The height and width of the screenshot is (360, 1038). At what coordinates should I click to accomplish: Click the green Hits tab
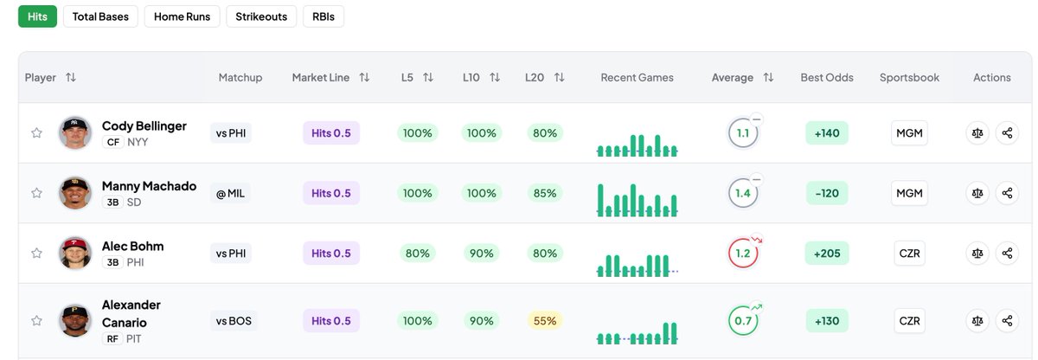pos(37,16)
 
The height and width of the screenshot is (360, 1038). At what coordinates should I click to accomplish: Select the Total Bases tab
pos(100,16)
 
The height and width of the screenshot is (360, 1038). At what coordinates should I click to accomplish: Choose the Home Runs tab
pos(182,16)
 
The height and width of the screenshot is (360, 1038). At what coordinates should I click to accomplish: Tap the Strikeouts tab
pos(261,16)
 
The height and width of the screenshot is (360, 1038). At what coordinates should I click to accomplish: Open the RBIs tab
pos(323,16)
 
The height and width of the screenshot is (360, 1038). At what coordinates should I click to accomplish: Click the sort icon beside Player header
pos(71,78)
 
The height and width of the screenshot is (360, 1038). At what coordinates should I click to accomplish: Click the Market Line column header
pos(321,78)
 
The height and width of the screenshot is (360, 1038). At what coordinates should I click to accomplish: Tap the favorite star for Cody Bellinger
pos(36,133)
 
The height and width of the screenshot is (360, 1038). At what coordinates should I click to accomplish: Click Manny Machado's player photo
pos(75,193)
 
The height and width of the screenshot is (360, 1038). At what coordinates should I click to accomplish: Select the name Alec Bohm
pos(132,246)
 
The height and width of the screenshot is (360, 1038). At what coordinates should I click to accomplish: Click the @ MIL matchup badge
pos(231,193)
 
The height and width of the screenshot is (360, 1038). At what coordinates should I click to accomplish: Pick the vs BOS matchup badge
pos(234,321)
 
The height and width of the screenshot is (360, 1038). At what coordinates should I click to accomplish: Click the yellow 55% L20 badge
pos(545,321)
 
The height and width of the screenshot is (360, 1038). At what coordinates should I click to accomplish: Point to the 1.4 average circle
pos(743,193)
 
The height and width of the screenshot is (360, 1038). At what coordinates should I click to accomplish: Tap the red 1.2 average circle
pos(743,254)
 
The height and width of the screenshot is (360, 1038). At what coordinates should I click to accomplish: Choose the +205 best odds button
pos(827,254)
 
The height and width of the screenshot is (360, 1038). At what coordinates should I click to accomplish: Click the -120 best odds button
pos(827,193)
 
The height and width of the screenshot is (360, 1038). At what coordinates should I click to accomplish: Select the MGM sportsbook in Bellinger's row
pos(909,133)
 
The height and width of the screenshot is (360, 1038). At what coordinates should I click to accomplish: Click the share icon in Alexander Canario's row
pos(1007,321)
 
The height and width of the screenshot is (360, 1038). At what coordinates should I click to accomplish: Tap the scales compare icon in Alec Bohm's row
pos(977,254)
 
